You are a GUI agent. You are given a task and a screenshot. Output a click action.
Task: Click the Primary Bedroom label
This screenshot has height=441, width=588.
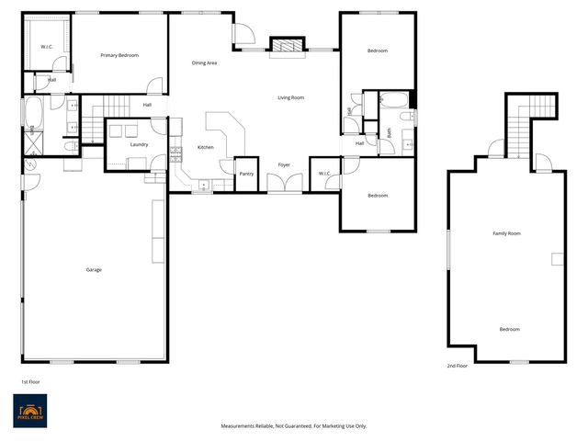[119, 55]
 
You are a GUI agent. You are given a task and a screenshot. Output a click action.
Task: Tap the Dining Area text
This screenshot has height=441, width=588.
[204, 62]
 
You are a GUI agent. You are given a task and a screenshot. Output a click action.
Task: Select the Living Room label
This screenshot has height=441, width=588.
[291, 97]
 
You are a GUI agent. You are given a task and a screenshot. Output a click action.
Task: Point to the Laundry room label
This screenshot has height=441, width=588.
[140, 144]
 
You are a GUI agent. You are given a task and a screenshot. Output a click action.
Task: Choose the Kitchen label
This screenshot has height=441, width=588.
[206, 148]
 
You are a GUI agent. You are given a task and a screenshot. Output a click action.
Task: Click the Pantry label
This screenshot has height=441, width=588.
[246, 173]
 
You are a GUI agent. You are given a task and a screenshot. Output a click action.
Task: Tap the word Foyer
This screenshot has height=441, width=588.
[285, 164]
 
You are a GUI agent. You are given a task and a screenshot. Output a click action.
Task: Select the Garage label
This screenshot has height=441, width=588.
[94, 269]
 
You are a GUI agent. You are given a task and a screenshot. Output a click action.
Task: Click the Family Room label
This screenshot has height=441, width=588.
[506, 233]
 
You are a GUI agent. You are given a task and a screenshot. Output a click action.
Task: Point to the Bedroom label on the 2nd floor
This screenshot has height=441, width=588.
[509, 329]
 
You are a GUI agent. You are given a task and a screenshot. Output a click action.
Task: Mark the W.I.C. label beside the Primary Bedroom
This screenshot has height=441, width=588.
[48, 46]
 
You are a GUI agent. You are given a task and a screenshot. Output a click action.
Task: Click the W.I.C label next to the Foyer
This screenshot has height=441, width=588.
[325, 173]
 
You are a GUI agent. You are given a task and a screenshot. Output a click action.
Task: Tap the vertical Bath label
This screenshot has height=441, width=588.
[390, 132]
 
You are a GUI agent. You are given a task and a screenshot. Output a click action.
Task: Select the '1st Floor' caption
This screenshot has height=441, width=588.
[30, 380]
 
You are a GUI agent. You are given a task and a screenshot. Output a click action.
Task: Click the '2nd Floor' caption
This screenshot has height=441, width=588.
[457, 366]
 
